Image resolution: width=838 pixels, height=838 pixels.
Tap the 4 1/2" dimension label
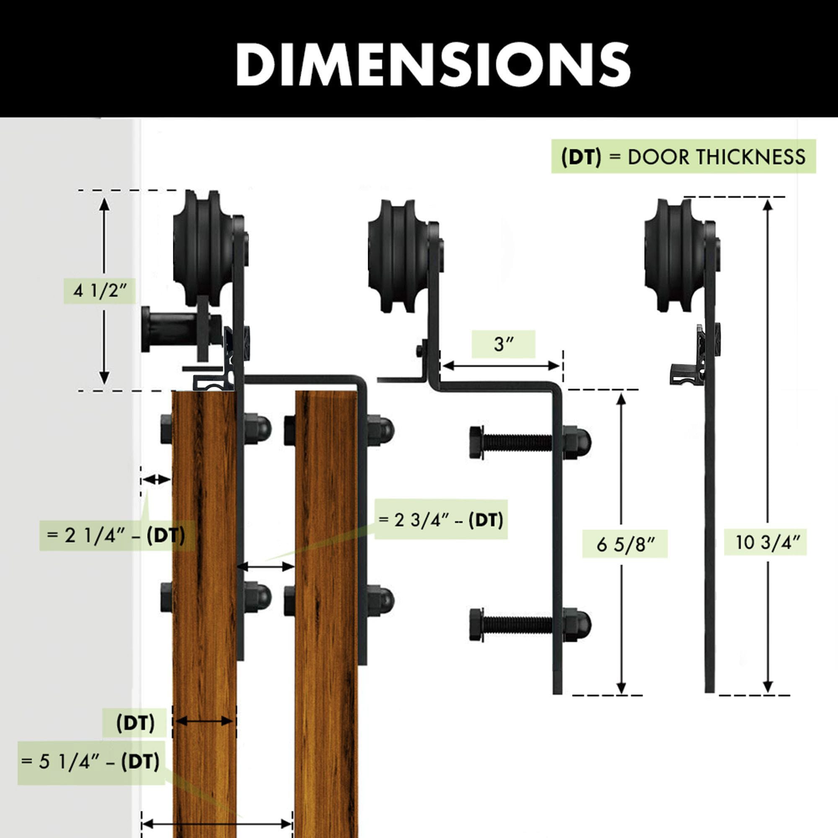pos(99,291)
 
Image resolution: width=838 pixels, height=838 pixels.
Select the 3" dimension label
pos(504,344)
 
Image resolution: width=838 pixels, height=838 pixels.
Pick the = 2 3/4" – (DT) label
pos(441,519)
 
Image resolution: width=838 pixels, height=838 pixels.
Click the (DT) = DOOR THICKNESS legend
pos(683,157)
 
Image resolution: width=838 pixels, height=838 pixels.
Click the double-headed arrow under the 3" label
pos(502,366)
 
